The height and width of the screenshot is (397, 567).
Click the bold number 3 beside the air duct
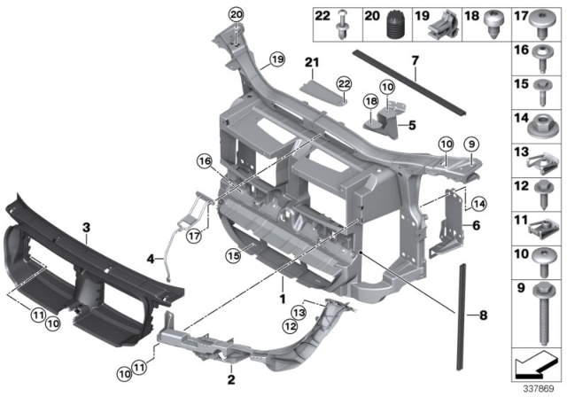(86, 228)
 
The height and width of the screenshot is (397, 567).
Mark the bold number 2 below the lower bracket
(229, 378)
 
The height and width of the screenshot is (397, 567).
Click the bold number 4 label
(151, 260)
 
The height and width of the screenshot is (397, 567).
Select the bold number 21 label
(309, 61)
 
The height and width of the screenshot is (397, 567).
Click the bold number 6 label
(475, 226)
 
